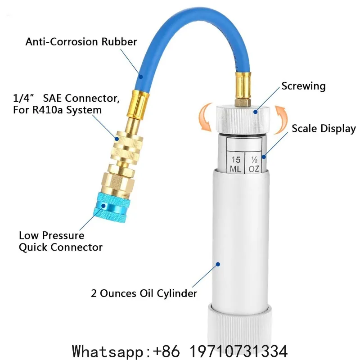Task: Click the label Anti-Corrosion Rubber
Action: tap(81, 42)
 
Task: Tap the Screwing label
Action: tap(303, 86)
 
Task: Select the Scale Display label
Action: tap(324, 129)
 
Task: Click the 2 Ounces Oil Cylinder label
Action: tap(144, 293)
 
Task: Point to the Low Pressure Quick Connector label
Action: tap(61, 241)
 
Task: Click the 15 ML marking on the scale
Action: tap(235, 164)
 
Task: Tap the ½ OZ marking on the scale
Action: tap(254, 164)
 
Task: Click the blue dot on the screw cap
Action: tap(256, 112)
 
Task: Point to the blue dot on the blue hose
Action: tap(141, 76)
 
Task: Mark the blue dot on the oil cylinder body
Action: tap(218, 264)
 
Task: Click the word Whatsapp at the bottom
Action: tap(108, 351)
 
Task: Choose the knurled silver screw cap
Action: tap(243, 120)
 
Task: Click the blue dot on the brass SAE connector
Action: tap(117, 139)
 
